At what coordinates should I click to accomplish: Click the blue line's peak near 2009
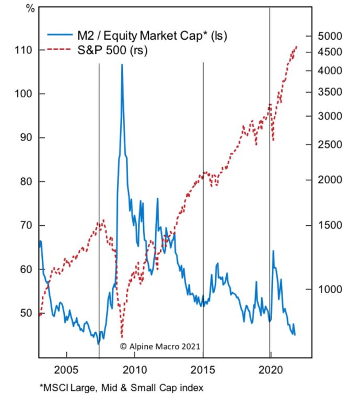[x=122, y=65]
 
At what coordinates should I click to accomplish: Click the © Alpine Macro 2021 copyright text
[x=160, y=346]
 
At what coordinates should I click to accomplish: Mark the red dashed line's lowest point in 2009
[x=122, y=337]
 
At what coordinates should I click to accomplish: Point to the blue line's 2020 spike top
[x=273, y=251]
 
